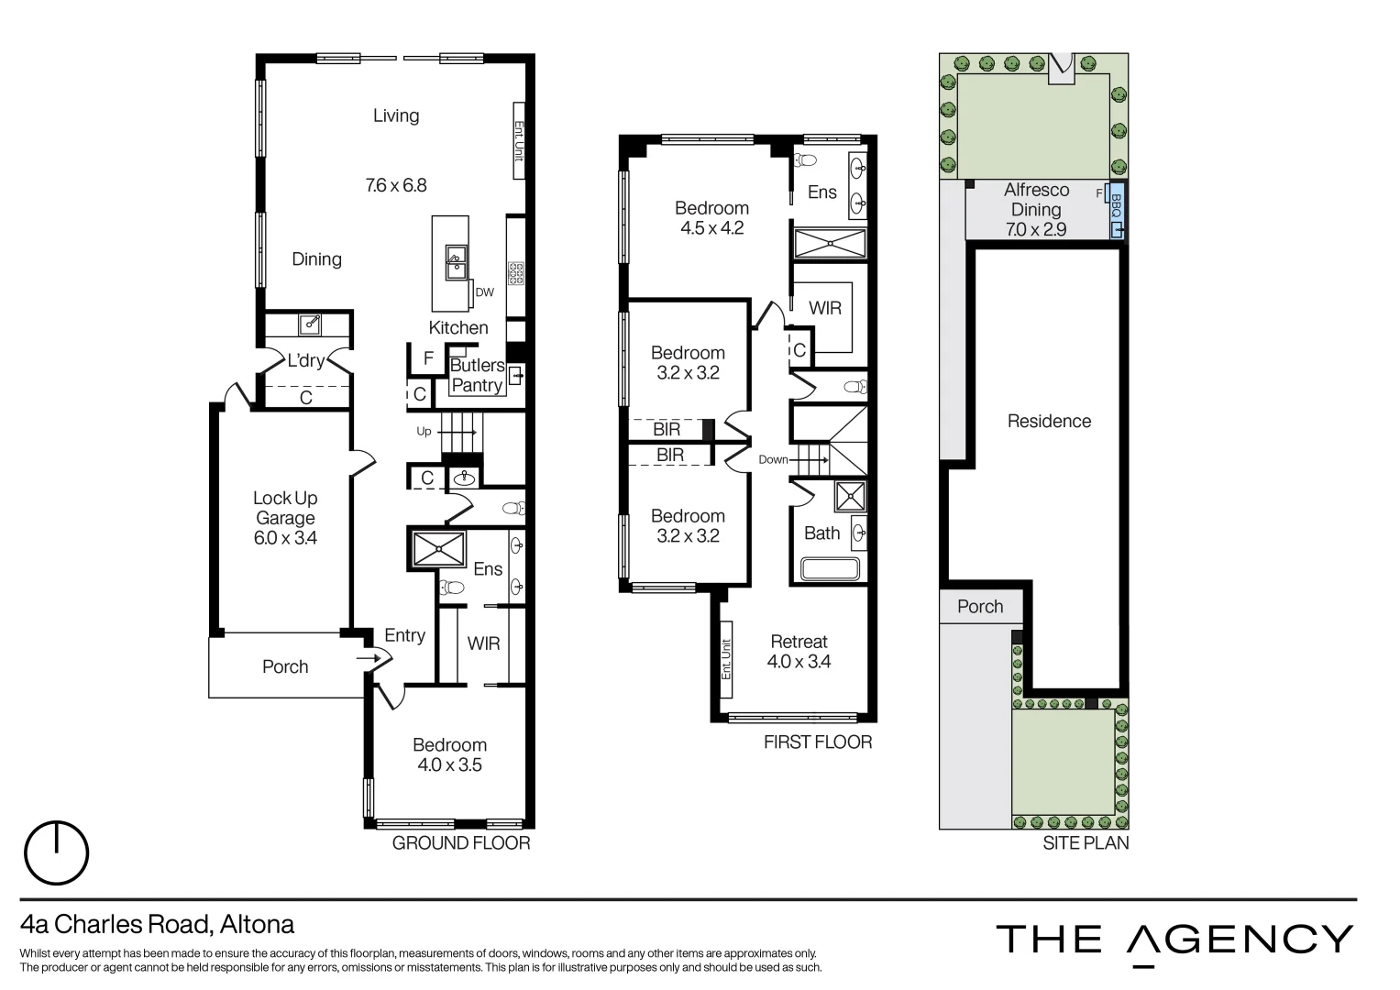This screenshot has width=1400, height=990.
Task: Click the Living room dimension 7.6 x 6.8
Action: pos(396,185)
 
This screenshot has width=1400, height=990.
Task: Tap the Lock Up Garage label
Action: pos(285,508)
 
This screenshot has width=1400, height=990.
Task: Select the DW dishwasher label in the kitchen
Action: pos(485,292)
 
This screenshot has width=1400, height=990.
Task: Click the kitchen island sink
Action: pos(455,263)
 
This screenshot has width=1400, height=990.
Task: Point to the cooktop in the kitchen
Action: pos(516,272)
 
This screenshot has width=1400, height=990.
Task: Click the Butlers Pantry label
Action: pos(477,376)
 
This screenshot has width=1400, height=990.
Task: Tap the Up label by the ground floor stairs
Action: pos(424,431)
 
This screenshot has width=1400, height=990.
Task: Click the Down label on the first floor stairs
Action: pos(773,459)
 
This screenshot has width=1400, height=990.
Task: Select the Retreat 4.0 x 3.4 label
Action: pos(799,652)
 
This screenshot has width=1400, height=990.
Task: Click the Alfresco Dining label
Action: pos(1036,200)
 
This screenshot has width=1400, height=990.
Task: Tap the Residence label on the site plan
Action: pos(1049,422)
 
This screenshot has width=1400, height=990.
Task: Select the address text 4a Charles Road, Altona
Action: pos(157,923)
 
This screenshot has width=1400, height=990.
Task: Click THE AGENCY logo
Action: pos(1174,940)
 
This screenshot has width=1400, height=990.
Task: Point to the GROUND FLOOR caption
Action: pos(461,843)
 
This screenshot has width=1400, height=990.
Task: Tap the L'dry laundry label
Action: pos(305,361)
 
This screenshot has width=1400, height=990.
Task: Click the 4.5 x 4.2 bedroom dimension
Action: pos(711,228)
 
